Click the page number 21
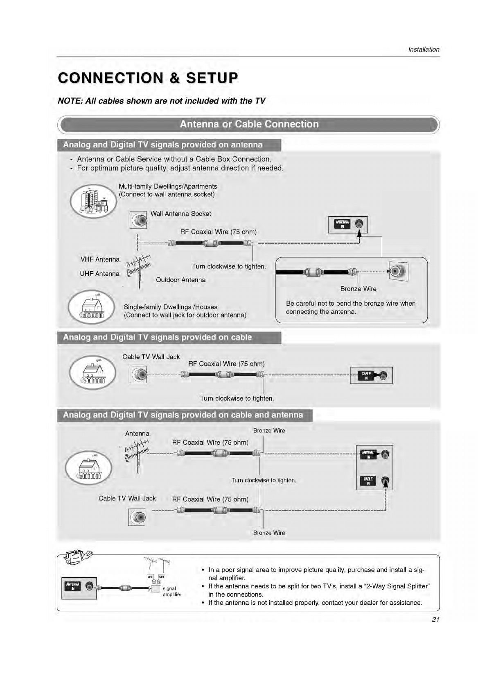(x=435, y=619)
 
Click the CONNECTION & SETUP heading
(x=148, y=78)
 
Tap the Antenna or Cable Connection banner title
(x=249, y=124)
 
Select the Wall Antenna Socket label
(x=180, y=213)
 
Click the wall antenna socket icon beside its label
(x=138, y=220)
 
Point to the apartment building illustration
(x=94, y=201)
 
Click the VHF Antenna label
(x=100, y=259)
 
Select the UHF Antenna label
(x=99, y=274)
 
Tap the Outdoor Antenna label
(x=180, y=280)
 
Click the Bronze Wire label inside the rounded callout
(x=358, y=289)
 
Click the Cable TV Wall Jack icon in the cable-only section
(x=138, y=374)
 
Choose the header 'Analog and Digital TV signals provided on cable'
(x=158, y=337)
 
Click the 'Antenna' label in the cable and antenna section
(x=137, y=434)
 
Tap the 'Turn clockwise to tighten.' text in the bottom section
(x=264, y=480)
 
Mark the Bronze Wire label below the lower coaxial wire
(x=269, y=533)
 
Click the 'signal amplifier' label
(x=171, y=591)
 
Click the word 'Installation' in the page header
(x=424, y=50)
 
